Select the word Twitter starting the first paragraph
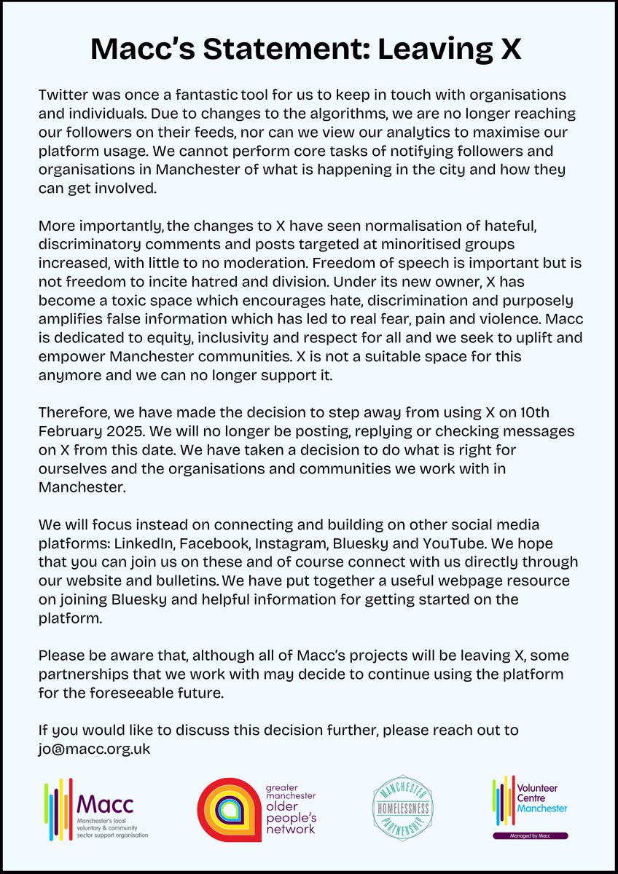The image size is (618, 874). (x=62, y=96)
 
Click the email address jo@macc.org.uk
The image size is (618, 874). (x=94, y=747)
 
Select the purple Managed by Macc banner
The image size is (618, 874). (x=530, y=836)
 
